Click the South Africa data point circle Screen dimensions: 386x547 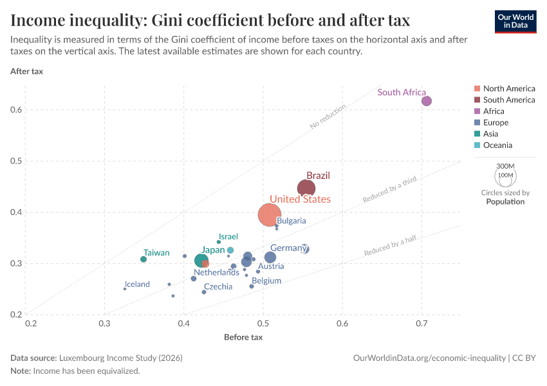coord(426,101)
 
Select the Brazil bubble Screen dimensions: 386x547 coord(306,188)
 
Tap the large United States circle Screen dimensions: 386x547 coord(270,215)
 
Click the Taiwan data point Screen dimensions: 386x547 coord(144,259)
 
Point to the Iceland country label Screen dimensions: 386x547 coord(137,284)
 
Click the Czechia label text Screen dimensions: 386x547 coord(218,287)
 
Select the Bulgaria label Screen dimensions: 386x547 coord(292,221)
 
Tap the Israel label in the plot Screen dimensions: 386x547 coord(228,237)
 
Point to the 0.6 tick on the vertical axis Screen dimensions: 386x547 coord(17,110)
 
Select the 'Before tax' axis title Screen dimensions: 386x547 coord(243,337)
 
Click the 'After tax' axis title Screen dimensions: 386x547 coord(26,71)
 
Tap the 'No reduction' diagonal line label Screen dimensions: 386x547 coord(328,116)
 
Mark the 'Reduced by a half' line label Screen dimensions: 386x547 coord(390,246)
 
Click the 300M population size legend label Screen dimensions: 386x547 coord(505,166)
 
